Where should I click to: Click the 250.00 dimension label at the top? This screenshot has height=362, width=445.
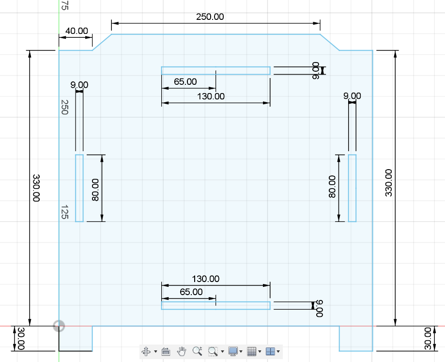[210, 17]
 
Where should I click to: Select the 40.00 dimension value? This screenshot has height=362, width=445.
[77, 31]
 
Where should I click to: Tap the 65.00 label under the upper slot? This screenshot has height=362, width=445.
[185, 82]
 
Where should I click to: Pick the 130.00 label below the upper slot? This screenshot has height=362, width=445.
[211, 96]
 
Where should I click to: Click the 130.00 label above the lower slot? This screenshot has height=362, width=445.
[205, 279]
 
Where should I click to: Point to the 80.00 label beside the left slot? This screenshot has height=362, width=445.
[95, 190]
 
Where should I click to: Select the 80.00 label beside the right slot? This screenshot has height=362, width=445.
[332, 187]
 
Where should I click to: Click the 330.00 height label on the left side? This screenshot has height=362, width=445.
[36, 188]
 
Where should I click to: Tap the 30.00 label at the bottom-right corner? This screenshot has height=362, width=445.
[428, 338]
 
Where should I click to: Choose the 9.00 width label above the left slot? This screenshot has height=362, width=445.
[79, 85]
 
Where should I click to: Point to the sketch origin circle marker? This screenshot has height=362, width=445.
[59, 326]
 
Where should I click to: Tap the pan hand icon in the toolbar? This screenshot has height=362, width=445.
[182, 351]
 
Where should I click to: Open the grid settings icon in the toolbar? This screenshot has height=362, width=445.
[252, 351]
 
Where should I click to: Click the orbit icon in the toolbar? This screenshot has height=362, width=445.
[146, 351]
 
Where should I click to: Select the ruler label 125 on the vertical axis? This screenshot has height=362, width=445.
[65, 212]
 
